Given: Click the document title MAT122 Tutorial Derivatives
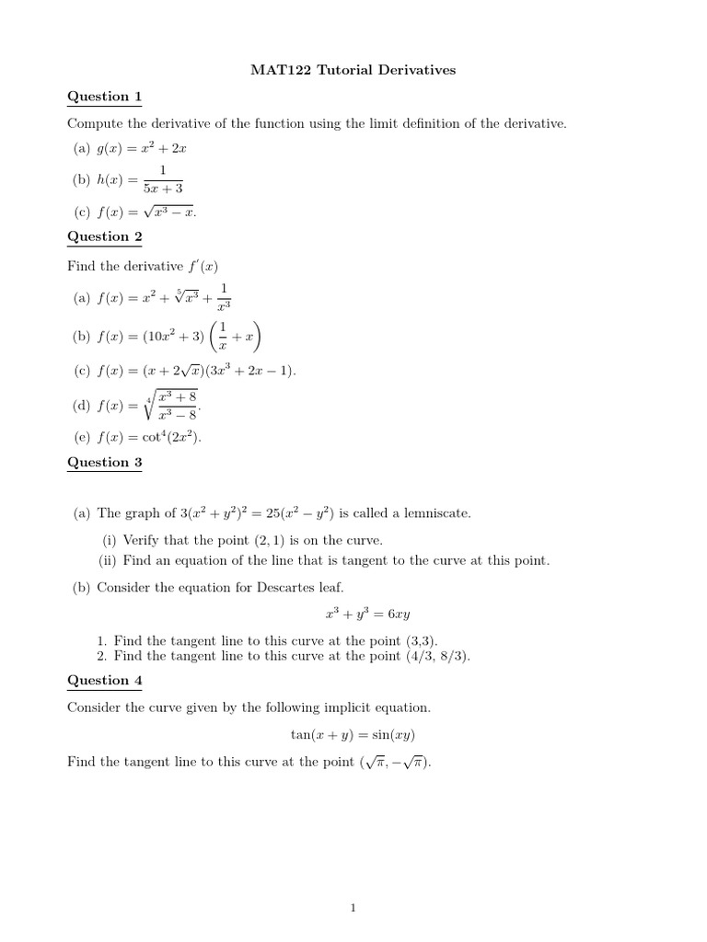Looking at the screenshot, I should coord(353,70).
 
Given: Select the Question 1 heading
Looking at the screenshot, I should coord(105,97).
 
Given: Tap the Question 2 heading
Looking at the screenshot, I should coord(105,236).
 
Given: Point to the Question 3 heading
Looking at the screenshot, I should coord(105,462).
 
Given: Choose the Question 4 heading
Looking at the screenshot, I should coord(105,680).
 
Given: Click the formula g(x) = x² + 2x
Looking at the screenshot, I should coord(147,147).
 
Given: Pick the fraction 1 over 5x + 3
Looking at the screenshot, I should coord(161,179).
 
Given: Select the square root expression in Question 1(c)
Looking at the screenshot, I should coord(168,212).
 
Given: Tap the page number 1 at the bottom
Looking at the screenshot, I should coord(353,909).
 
